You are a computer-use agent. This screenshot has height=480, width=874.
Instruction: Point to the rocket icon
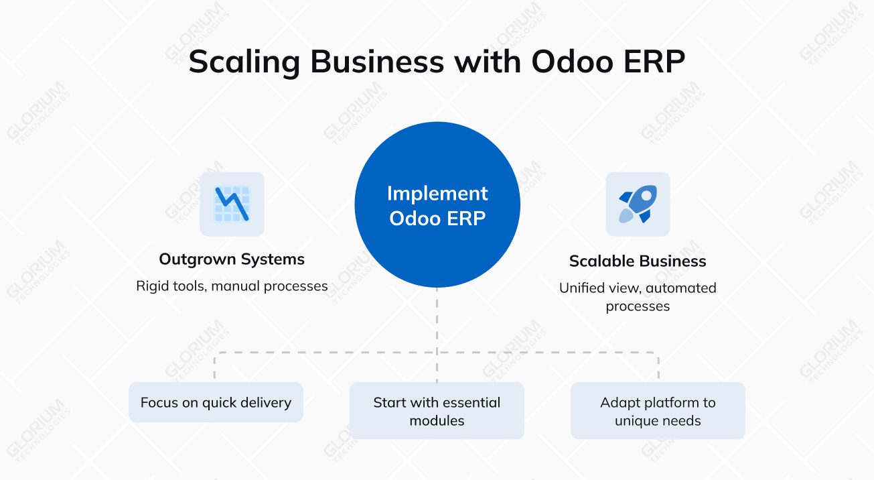(638, 204)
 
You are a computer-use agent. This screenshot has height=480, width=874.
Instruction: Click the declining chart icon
(232, 204)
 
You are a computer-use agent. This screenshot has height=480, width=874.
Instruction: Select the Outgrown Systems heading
(232, 259)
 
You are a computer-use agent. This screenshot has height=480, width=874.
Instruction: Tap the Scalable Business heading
(638, 261)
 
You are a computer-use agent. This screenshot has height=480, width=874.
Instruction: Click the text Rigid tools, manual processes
(232, 286)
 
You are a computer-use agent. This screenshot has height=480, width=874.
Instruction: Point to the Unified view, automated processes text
(638, 297)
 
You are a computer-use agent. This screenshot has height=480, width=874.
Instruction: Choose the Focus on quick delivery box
(216, 403)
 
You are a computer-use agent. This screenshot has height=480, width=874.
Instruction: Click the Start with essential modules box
(437, 411)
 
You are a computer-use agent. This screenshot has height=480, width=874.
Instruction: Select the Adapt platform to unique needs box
(658, 411)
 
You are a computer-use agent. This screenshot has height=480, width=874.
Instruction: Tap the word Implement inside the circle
(437, 193)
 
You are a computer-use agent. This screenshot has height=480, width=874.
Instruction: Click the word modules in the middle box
(437, 421)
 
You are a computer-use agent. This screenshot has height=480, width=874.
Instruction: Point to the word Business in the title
(377, 62)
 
